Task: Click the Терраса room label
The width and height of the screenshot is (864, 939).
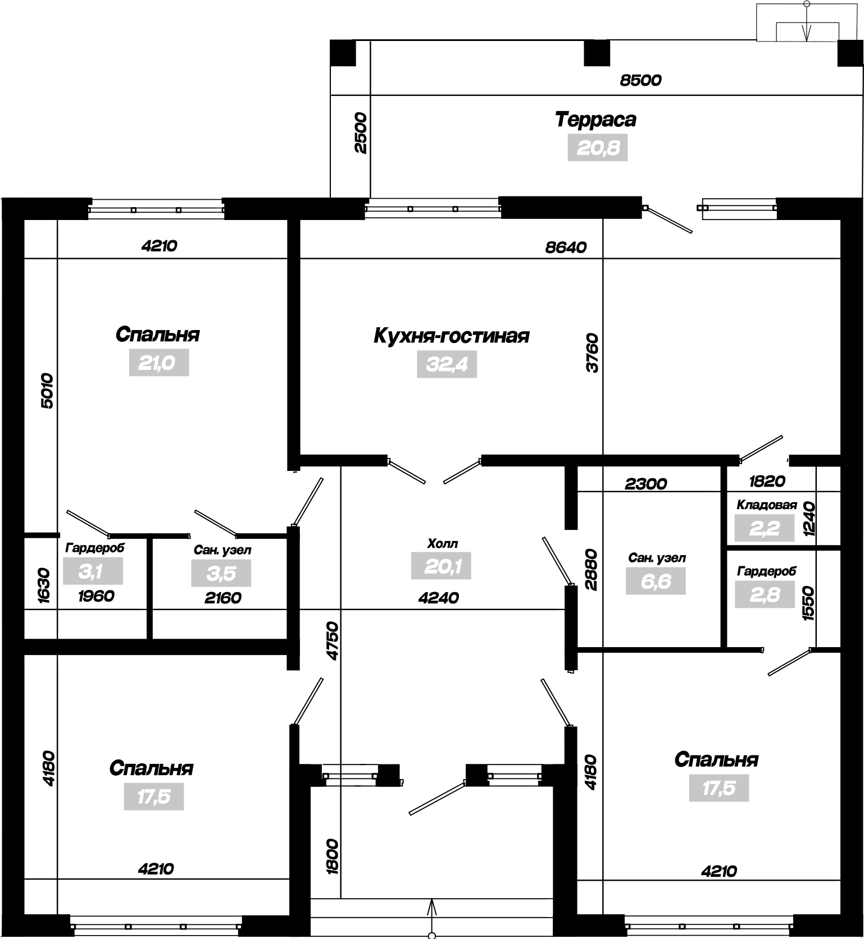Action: click(x=595, y=120)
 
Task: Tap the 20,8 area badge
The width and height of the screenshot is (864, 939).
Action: click(x=597, y=148)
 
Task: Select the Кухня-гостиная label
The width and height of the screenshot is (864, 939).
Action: click(x=451, y=336)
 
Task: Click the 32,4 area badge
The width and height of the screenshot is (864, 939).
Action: click(x=447, y=364)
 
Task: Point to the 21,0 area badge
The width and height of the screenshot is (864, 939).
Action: click(x=159, y=363)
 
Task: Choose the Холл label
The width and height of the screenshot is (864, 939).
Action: click(x=443, y=543)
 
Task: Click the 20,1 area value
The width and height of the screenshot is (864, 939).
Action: click(x=441, y=566)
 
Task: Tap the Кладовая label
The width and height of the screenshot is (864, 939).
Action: click(x=767, y=505)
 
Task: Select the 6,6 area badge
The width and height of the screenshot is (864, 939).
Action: click(x=656, y=581)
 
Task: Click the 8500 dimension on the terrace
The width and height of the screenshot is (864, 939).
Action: click(x=640, y=80)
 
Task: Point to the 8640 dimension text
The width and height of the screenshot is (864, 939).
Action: click(x=566, y=247)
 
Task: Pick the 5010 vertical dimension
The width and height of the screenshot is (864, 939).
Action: click(x=47, y=390)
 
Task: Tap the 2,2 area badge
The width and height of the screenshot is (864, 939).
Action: click(x=765, y=528)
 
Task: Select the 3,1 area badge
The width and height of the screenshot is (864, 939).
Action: click(x=93, y=571)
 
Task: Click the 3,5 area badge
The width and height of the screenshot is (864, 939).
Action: click(x=221, y=574)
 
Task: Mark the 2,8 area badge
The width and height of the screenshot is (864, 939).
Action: click(x=765, y=594)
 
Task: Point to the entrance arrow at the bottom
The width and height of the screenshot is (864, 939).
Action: click(x=432, y=918)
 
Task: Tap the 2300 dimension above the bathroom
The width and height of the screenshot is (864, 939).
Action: click(x=645, y=483)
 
